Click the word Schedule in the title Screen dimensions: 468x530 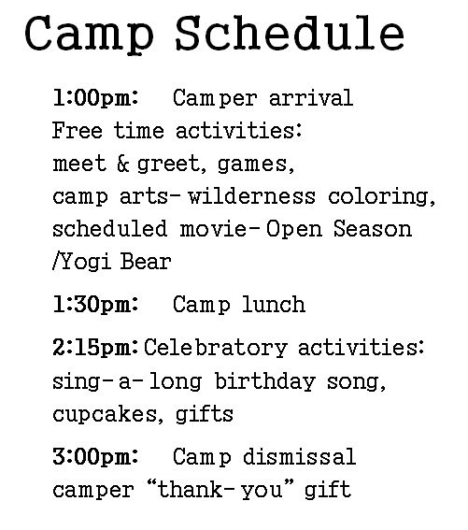click(290, 33)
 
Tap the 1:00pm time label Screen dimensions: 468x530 click(96, 98)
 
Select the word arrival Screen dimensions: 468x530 click(311, 98)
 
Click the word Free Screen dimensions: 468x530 click(77, 131)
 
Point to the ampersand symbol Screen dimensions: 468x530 click(123, 164)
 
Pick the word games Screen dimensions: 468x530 click(255, 165)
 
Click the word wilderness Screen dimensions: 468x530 click(251, 196)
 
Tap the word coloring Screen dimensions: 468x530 click(381, 197)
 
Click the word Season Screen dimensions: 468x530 click(373, 229)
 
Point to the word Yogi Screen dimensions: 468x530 click(82, 262)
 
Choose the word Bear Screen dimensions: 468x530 click(146, 262)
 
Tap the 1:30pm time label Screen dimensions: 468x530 click(96, 304)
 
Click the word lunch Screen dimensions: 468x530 click(274, 304)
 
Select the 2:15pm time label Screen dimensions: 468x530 click(95, 348)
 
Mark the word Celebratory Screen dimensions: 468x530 click(216, 348)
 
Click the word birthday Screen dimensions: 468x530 click(265, 382)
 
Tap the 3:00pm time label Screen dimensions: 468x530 click(95, 456)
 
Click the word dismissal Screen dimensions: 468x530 click(299, 456)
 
